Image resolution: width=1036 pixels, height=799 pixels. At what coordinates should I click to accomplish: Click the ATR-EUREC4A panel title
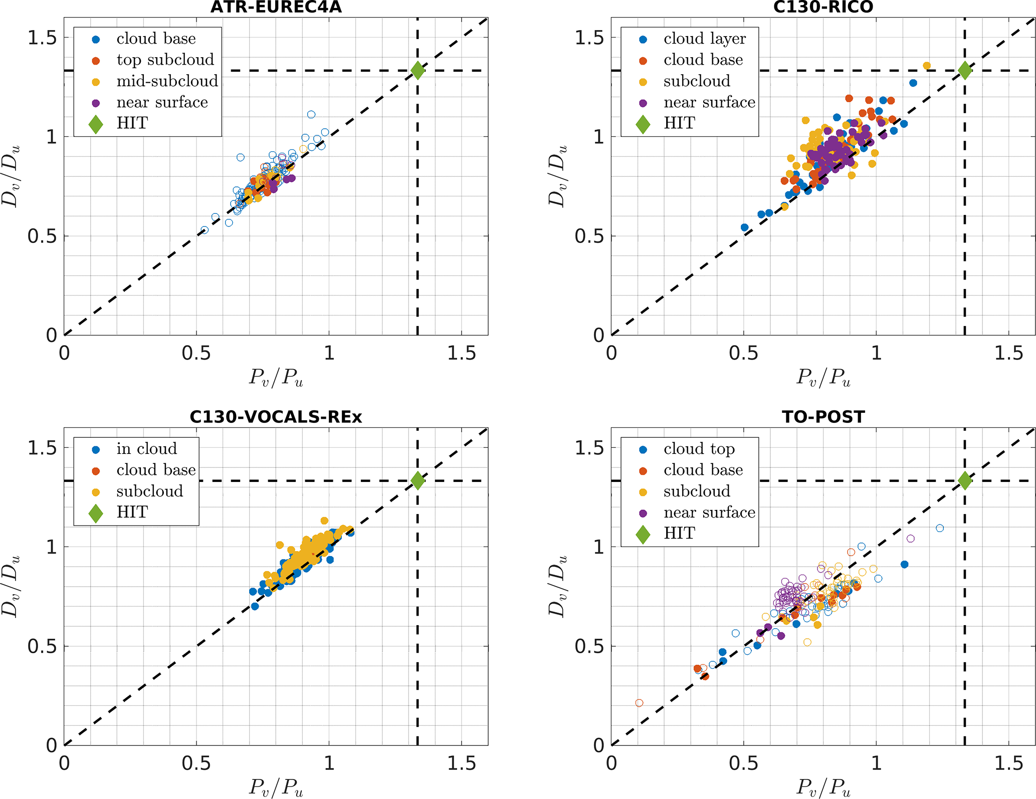pos(276,7)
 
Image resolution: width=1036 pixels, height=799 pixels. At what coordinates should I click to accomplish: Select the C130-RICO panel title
pos(823,7)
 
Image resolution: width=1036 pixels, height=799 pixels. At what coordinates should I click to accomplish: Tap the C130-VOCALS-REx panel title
pos(276,417)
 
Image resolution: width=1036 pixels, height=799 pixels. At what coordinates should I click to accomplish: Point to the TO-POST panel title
pos(823,417)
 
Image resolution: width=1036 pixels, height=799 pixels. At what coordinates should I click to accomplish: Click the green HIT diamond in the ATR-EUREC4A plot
pos(418,71)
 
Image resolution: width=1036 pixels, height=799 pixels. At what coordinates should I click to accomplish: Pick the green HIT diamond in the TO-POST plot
pos(965,480)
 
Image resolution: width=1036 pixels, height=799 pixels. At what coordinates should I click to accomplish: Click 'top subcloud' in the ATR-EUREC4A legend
pos(165,60)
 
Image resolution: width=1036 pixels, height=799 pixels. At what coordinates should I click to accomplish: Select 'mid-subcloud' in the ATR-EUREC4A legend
pos(167,81)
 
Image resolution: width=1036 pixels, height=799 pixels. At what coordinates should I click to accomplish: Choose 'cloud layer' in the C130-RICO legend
pos(704,39)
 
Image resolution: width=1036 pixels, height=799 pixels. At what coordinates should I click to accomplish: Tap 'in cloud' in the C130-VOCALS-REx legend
pos(146,448)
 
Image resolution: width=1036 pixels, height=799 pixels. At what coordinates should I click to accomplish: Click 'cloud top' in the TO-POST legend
pos(699,448)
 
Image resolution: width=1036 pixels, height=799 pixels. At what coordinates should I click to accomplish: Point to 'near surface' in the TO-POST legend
pos(709,512)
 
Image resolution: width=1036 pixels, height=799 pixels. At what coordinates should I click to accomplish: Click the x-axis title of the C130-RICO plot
pos(823,377)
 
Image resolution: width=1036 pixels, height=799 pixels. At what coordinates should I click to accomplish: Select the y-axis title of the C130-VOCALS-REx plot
pos(11,586)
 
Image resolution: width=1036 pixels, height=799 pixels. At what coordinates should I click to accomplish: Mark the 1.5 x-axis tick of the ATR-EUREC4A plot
pos(461,354)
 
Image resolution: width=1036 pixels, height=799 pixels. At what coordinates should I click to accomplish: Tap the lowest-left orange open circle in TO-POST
pos(639,703)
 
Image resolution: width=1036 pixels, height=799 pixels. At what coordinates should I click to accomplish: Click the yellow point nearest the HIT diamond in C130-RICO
pos(927,66)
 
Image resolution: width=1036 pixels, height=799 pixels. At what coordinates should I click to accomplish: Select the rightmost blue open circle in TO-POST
pos(940,528)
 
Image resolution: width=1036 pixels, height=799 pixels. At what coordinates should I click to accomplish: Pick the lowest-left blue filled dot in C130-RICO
pos(744,227)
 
